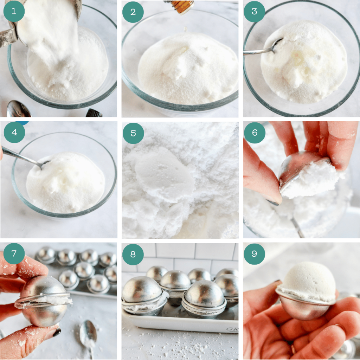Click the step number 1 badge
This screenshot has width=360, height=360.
tap(14, 11)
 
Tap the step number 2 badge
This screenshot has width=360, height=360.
tap(133, 11)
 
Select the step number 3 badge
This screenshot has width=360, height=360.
tap(254, 11)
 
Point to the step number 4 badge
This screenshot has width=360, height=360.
tap(14, 133)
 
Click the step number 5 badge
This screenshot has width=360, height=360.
tap(133, 133)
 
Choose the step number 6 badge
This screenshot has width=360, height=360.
tap(254, 133)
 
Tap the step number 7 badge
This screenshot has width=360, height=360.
tap(14, 254)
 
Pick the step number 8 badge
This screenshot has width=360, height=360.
tap(133, 254)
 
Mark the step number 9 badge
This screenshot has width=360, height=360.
tap(254, 254)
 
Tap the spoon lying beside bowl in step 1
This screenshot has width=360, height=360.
tap(18, 110)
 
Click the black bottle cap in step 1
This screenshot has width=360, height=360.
tap(94, 113)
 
